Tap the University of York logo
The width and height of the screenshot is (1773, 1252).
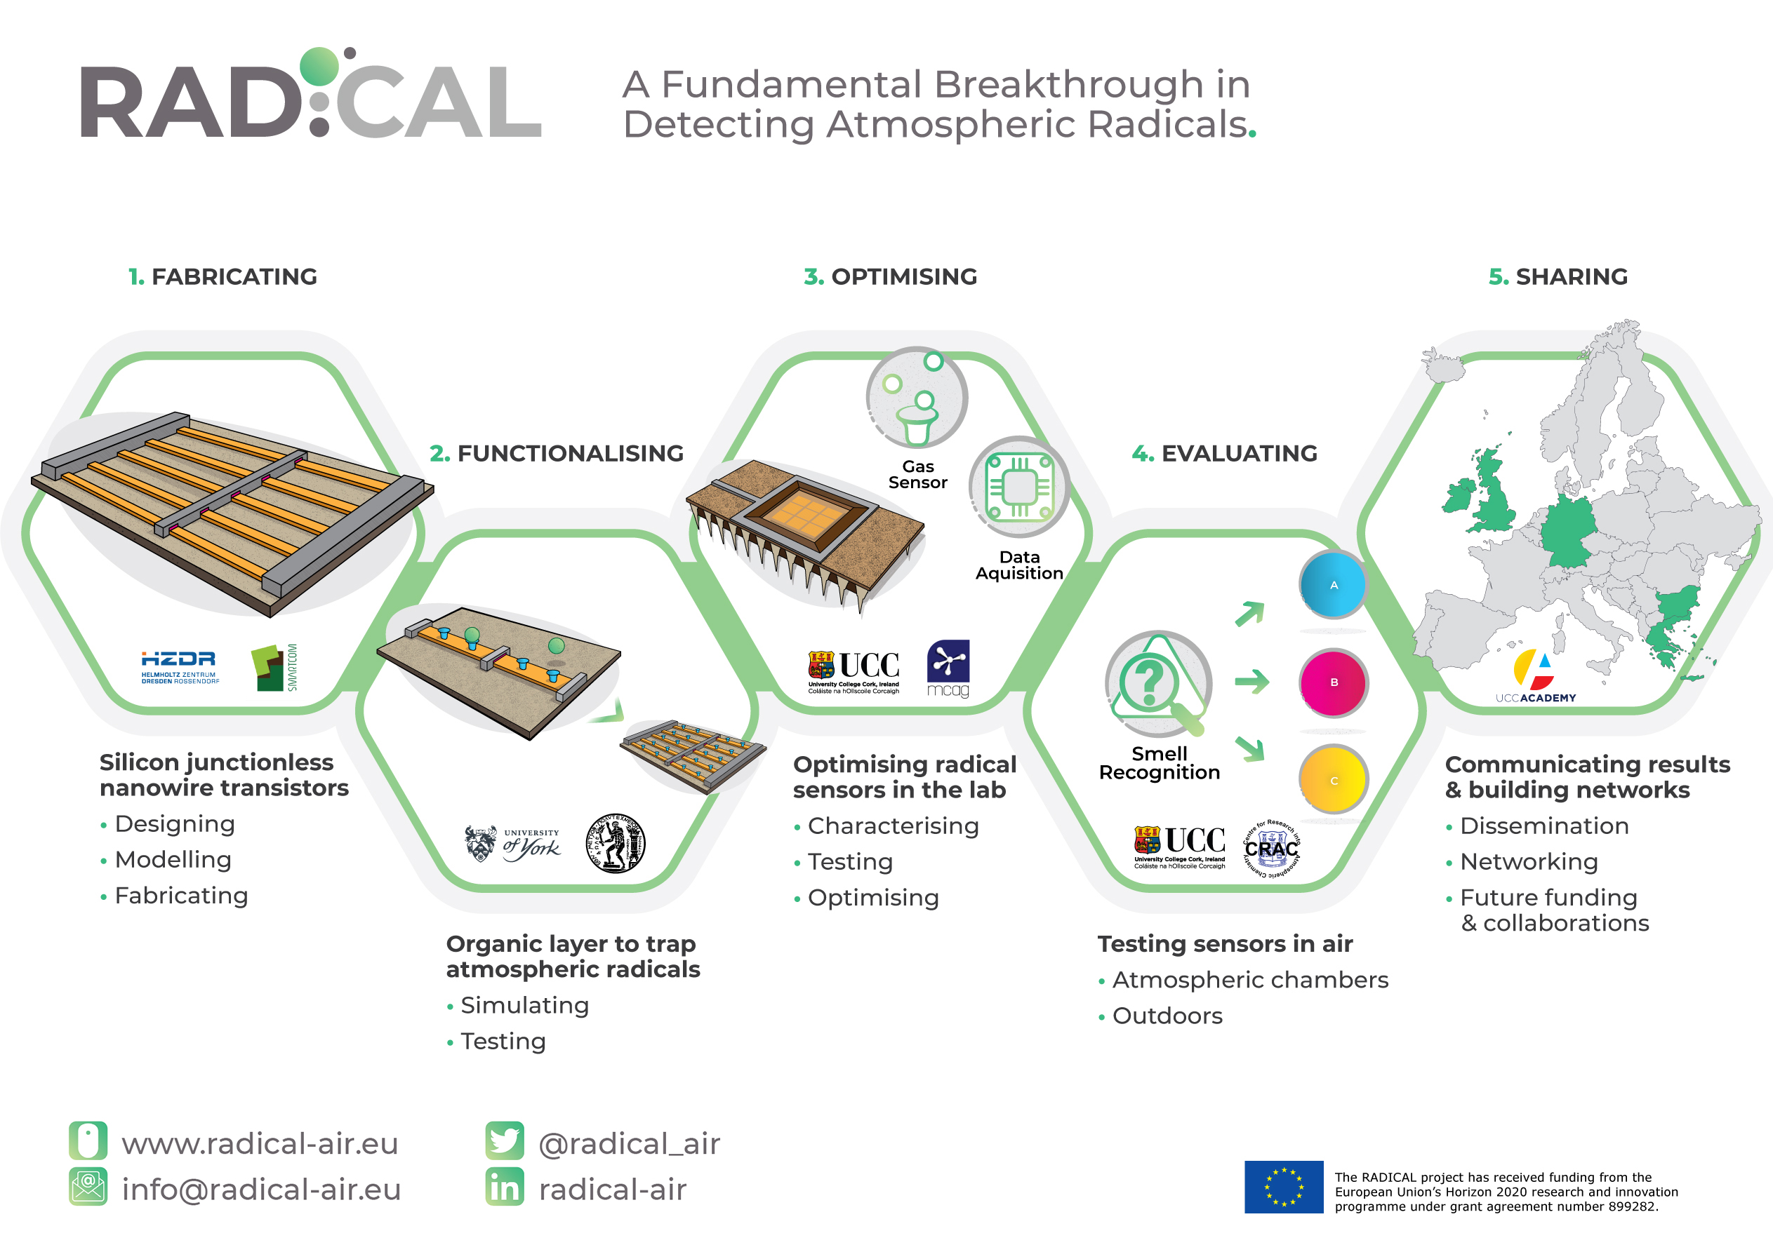pyautogui.click(x=514, y=844)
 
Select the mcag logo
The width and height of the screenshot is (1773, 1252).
pyautogui.click(x=948, y=668)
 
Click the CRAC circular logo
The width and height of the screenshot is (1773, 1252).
pyautogui.click(x=1272, y=848)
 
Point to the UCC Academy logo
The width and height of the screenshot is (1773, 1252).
pyautogui.click(x=1535, y=677)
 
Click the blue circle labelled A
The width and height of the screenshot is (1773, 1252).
pyautogui.click(x=1333, y=585)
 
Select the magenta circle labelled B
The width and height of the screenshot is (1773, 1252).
pyautogui.click(x=1333, y=682)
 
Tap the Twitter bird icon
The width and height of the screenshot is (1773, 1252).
pyautogui.click(x=504, y=1141)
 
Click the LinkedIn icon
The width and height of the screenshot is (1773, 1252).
pyautogui.click(x=504, y=1187)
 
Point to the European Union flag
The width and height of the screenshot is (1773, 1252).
pyautogui.click(x=1283, y=1186)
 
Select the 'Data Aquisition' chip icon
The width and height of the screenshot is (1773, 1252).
pyautogui.click(x=1019, y=487)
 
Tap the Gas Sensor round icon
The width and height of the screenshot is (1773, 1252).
pyautogui.click(x=917, y=398)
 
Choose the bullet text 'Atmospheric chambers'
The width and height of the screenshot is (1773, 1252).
pyautogui.click(x=1249, y=980)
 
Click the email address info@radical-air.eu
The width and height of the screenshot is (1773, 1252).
pyautogui.click(x=261, y=1189)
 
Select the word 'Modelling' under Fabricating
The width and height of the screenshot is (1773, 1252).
pyautogui.click(x=173, y=859)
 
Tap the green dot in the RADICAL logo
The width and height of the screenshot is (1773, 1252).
pyautogui.click(x=319, y=67)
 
